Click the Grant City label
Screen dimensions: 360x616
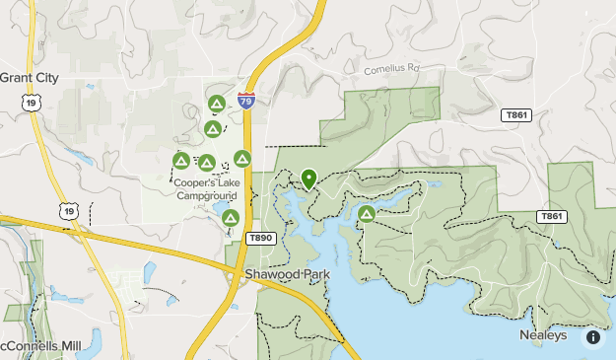[30, 78]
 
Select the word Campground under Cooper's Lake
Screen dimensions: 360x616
[207, 195]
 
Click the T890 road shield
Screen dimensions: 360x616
[259, 239]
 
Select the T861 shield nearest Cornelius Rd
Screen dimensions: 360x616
[515, 115]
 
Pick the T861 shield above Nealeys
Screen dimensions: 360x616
[552, 216]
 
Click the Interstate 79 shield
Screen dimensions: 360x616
[247, 101]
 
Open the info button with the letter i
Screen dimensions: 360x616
[593, 337]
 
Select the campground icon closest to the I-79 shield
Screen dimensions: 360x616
[217, 103]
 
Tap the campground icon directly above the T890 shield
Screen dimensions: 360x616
[231, 218]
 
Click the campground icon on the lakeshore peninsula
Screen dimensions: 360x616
[367, 213]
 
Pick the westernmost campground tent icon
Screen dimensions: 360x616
[181, 160]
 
